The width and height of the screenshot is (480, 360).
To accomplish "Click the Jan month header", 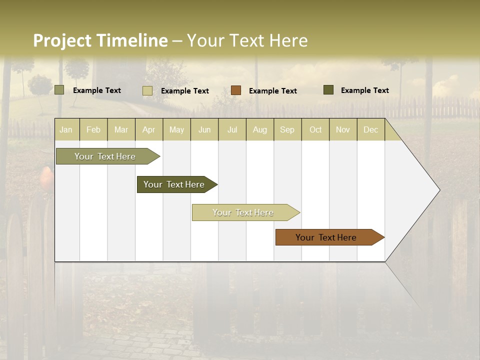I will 66,129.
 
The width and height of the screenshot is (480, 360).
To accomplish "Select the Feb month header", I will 93,129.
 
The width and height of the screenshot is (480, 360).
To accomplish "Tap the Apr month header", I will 148,129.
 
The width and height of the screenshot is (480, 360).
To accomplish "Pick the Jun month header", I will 204,129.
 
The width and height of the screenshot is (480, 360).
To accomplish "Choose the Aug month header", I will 259,129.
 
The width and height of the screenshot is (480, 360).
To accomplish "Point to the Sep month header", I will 287,129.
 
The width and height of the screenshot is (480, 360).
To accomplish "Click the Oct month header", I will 315,129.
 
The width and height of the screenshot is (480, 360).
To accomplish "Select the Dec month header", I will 370,129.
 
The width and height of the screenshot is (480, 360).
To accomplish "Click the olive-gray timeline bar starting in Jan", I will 105,156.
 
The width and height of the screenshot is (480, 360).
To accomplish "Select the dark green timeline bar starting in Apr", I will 174,184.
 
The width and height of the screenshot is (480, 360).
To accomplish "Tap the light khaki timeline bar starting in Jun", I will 243,212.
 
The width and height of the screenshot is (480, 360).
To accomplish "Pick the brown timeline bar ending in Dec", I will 326,237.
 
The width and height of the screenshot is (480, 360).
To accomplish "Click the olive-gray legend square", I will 59,90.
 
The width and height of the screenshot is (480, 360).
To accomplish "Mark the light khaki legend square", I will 147,90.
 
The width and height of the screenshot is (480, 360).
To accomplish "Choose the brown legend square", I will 236,90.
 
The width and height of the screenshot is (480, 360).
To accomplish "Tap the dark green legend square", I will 328,90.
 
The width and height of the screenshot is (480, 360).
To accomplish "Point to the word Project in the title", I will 62,40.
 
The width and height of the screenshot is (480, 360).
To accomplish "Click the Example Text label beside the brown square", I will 273,91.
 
